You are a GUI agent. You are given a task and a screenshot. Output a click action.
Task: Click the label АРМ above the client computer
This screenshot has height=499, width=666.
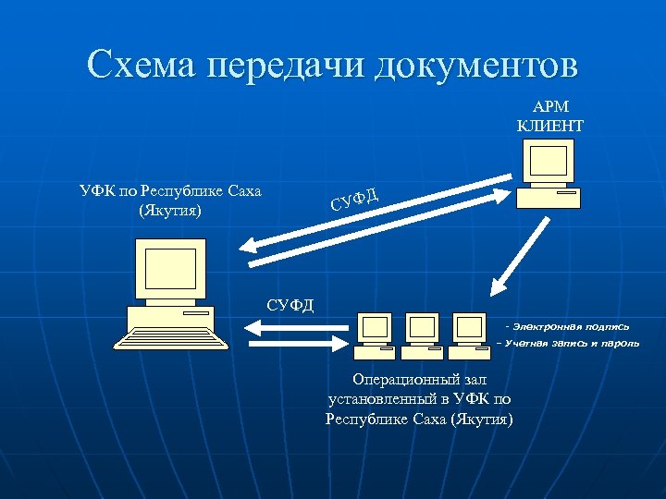550,107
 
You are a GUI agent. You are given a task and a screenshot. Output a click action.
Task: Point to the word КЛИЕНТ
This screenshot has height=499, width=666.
550,124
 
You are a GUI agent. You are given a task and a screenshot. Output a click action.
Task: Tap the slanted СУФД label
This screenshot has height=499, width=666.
352,197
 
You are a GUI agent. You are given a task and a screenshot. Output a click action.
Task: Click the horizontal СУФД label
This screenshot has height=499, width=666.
290,305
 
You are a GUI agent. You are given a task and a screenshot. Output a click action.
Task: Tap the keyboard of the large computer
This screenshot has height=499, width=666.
171,337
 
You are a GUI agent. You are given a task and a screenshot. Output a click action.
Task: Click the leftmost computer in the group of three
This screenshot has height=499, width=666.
375,334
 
